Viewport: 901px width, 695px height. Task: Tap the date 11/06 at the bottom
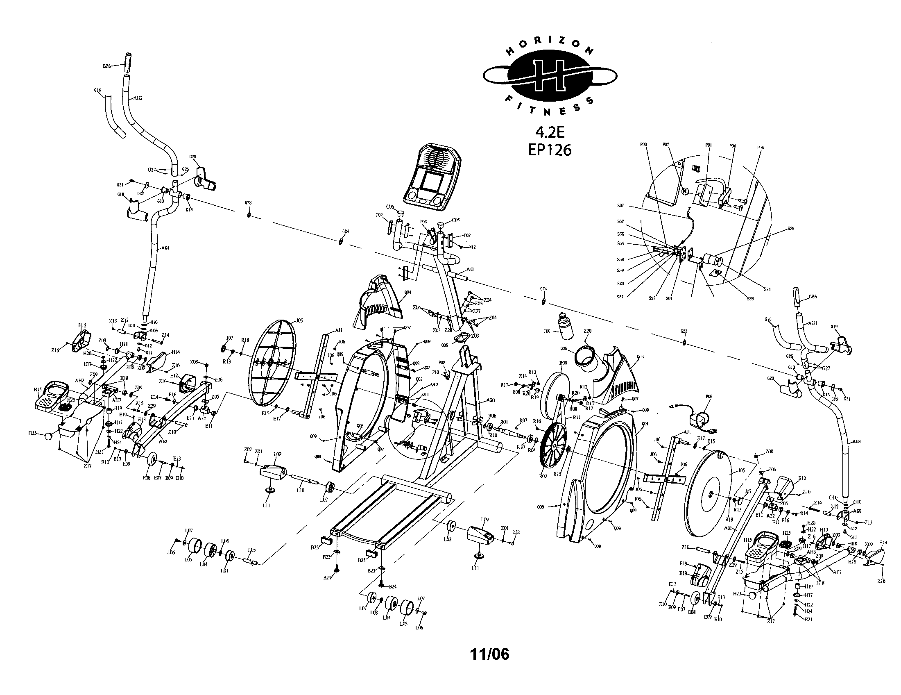pos(490,654)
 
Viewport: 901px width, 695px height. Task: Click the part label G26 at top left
pos(106,66)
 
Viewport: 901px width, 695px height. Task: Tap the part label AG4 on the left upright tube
pos(165,248)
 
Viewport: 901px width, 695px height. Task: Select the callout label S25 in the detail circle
pos(790,228)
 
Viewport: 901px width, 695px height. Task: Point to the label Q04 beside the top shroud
pos(407,292)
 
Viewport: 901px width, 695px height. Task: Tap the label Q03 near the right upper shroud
pos(640,357)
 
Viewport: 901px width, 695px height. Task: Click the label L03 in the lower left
pos(251,550)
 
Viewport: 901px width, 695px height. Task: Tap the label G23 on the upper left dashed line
pos(248,202)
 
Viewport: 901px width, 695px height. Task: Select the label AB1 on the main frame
pos(491,400)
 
